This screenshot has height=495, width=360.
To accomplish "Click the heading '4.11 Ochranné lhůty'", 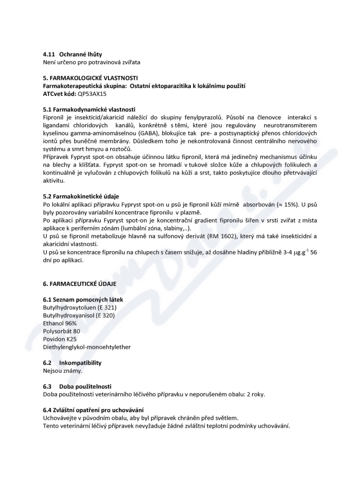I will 72,54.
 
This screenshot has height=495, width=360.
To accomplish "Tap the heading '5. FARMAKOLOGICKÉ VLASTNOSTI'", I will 90,78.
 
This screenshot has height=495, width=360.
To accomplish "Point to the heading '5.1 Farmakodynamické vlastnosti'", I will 89,109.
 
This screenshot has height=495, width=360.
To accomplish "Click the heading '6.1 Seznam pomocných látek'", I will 83,299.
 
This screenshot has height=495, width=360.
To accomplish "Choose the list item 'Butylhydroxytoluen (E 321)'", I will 80,307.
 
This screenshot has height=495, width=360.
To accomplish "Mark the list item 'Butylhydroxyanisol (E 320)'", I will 79,315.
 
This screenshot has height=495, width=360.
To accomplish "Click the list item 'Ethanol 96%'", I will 60,323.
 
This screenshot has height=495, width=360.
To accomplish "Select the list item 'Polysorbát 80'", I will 61,331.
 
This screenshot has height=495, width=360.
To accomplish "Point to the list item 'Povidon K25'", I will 60,339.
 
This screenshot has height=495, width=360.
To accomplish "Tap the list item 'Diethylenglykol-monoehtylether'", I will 87,347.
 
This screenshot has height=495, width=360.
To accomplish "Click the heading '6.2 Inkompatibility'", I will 72,363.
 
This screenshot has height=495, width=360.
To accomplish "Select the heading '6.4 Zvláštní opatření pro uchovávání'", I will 93,410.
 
